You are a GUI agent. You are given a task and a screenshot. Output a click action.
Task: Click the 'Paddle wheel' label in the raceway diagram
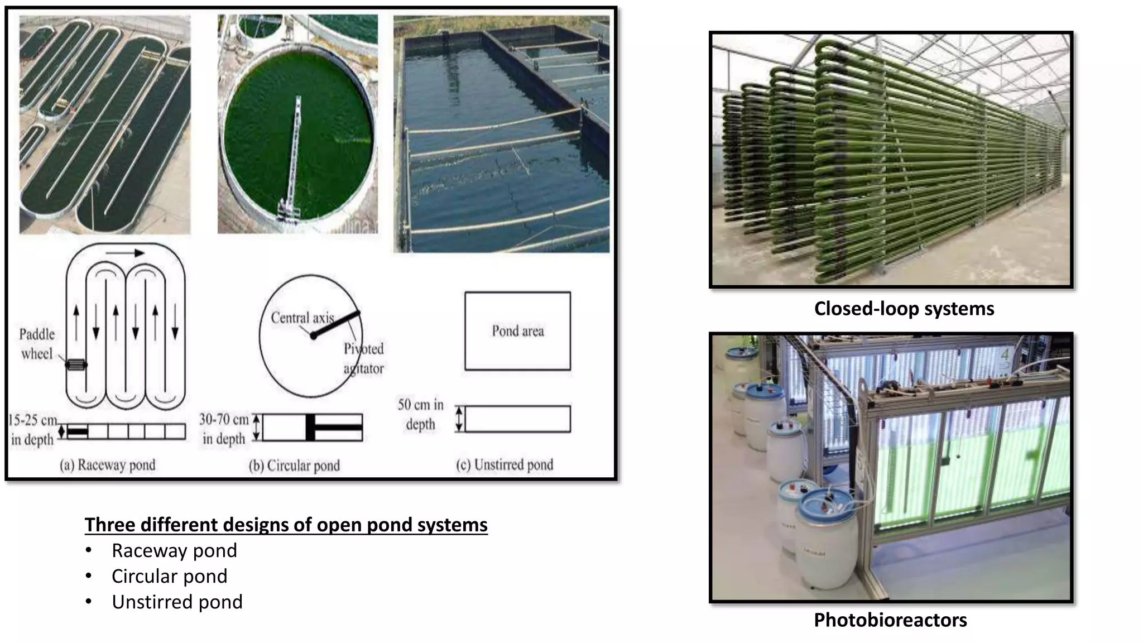coord(37,344)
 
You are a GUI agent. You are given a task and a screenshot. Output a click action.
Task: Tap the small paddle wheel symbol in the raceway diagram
coord(76,365)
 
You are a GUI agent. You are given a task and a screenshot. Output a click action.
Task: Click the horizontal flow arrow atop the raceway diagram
coord(125,253)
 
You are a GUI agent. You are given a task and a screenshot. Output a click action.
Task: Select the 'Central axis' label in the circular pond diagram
coord(301,318)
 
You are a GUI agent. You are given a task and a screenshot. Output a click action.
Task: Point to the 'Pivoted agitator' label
coord(364,358)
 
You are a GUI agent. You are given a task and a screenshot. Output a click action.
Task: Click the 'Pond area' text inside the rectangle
coord(517,331)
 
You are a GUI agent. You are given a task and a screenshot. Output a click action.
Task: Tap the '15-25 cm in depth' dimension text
coord(32,430)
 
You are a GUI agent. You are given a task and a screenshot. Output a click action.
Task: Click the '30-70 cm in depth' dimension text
coord(224,429)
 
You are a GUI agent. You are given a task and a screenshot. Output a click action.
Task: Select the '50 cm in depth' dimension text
coord(420,414)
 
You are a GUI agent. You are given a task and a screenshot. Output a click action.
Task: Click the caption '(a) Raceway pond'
coord(108,465)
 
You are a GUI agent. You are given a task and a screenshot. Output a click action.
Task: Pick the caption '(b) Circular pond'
coord(294,466)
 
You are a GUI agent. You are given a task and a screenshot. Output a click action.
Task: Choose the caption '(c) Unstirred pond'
coord(505,465)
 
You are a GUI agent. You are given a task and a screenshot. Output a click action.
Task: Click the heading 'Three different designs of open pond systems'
coord(286,525)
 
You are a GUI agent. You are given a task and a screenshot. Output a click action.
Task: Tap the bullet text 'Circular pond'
coord(169,576)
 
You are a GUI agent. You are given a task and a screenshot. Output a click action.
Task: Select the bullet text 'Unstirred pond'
coord(177,602)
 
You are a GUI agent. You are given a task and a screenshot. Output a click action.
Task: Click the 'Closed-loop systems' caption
coord(904,309)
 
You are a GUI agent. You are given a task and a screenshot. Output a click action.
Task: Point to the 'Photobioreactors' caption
coord(890,620)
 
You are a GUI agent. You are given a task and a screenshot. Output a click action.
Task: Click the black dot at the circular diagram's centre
coord(314,335)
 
